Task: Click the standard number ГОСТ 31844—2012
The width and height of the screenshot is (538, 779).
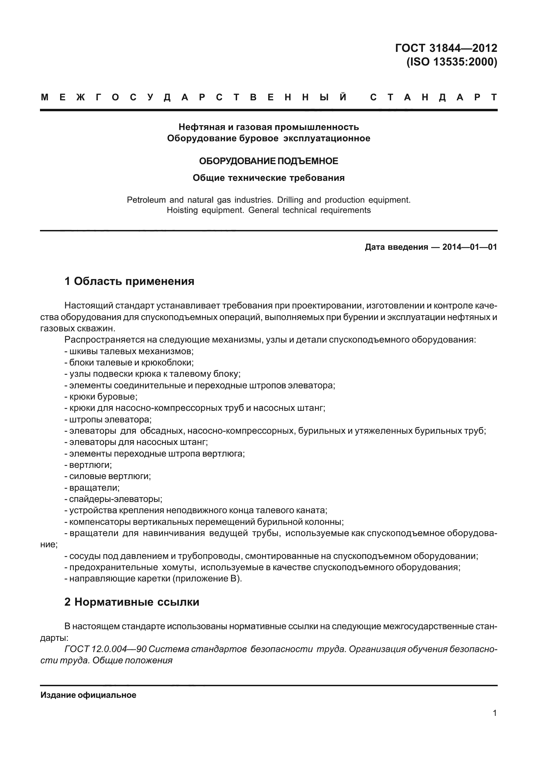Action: [446, 48]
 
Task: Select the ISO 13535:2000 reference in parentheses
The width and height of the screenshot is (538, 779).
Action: [451, 62]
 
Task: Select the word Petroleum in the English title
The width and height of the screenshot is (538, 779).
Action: [146, 200]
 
